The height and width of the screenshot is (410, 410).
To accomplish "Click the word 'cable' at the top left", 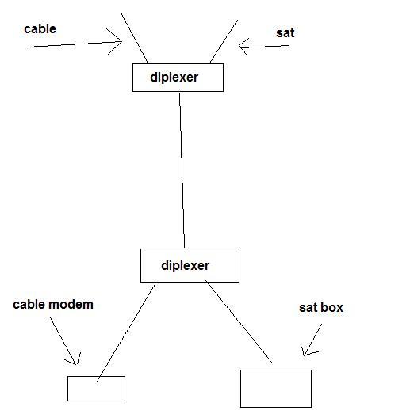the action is pos(40,28).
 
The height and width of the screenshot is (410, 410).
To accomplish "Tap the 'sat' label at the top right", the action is pos(285,33).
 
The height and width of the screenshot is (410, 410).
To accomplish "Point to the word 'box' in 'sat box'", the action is pos(332,308).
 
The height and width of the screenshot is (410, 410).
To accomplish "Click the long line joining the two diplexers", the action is pos(182,170).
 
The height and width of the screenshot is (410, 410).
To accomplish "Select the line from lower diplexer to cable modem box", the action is pos(127,332).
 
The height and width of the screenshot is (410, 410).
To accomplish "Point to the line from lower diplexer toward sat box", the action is pos(239,321).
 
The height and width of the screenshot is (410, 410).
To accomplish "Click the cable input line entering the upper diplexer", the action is pos(134,38).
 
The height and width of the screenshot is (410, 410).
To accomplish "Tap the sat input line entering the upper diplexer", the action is pos(224,42).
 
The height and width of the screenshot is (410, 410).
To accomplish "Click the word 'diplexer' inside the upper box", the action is pos(174,78).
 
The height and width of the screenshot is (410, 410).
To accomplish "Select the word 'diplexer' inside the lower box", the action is pos(186,265).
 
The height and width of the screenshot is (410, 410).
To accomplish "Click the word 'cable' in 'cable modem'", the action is pos(29,305).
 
